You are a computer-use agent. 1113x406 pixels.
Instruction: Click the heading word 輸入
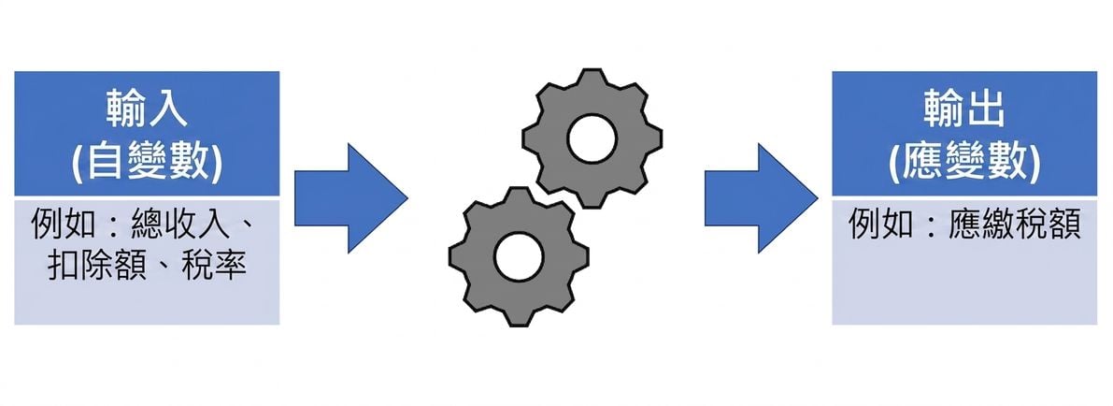(147, 110)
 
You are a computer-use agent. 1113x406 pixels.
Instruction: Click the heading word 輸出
(963, 110)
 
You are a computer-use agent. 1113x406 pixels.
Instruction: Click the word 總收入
(181, 225)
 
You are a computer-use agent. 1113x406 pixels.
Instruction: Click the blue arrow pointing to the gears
(350, 197)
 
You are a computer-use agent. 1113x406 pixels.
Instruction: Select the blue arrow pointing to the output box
(761, 197)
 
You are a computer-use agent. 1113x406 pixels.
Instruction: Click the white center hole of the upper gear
(592, 138)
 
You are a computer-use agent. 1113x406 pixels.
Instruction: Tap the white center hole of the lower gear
(519, 257)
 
